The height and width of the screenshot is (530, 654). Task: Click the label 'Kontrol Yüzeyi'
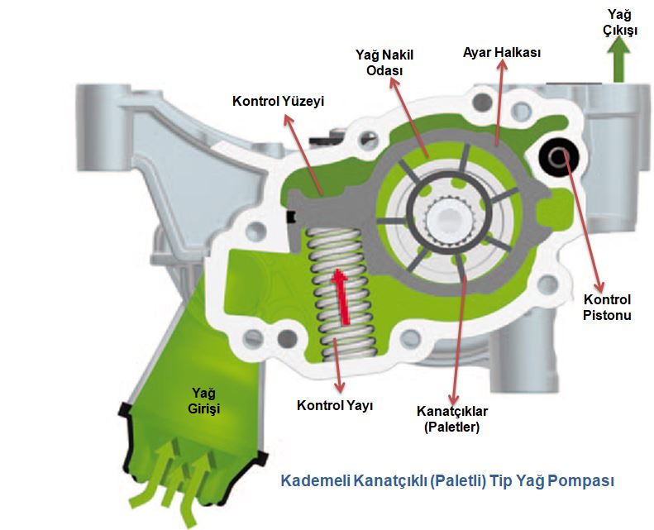(x=277, y=102)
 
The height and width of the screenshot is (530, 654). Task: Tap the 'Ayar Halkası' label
(x=501, y=52)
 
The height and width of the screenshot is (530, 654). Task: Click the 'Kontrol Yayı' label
(x=335, y=406)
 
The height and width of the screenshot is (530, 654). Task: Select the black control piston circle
(x=558, y=155)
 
